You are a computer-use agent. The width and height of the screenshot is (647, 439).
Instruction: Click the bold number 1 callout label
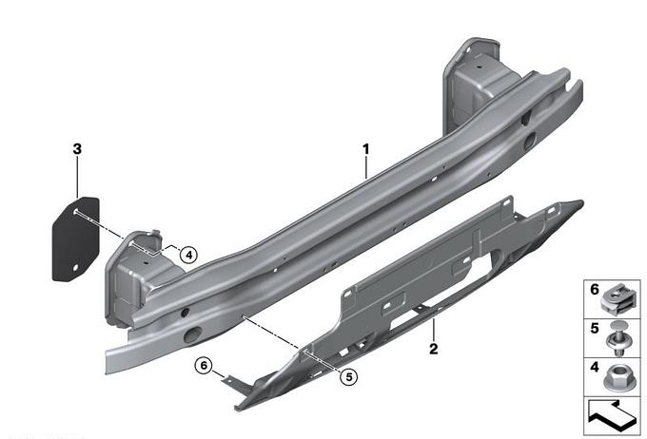tap(365, 149)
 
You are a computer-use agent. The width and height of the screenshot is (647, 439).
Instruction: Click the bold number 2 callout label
tap(433, 349)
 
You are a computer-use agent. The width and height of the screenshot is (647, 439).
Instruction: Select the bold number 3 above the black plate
tap(77, 149)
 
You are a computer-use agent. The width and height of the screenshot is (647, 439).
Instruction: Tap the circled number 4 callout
tap(189, 256)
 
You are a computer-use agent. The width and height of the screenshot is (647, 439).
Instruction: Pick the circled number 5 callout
tap(349, 376)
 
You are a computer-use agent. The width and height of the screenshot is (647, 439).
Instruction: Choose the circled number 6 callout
tap(204, 365)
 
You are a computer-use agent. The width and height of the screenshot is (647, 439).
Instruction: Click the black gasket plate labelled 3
tap(76, 239)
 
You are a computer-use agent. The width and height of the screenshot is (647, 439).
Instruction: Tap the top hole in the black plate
tap(76, 212)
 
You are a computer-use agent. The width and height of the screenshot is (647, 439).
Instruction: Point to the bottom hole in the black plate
tap(75, 268)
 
